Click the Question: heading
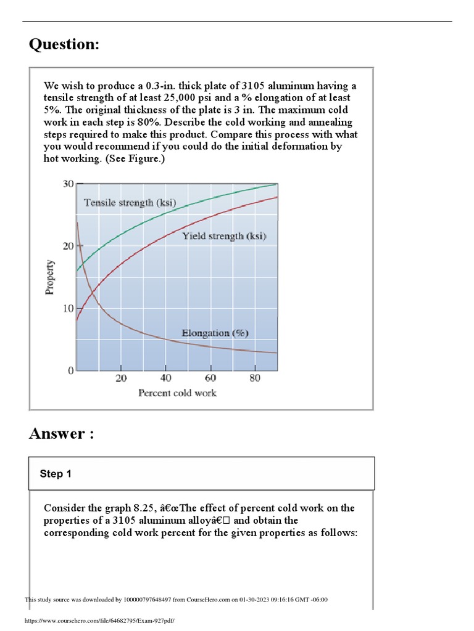point(64,45)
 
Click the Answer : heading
point(62,434)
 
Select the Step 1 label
point(56,474)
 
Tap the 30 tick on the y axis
point(68,184)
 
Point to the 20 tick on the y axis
point(68,246)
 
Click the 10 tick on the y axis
point(68,308)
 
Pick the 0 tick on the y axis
point(71,370)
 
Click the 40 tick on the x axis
point(165,378)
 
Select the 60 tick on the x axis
point(210,378)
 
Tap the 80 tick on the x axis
point(255,378)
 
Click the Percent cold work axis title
point(177,393)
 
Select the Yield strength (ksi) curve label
point(224,236)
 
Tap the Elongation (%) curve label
point(215,333)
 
